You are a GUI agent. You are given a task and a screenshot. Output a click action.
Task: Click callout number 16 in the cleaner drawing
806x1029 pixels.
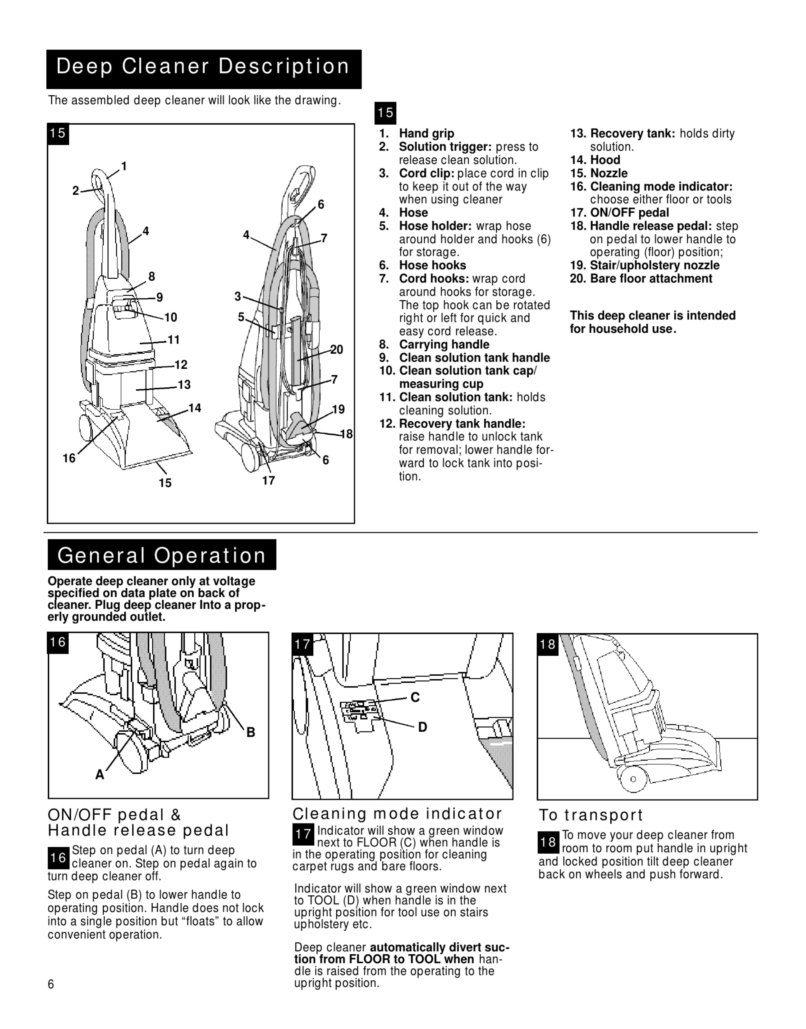click(69, 458)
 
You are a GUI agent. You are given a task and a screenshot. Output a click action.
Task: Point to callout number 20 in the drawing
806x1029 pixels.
click(336, 350)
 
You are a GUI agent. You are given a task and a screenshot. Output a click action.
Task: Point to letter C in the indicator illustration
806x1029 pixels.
click(415, 698)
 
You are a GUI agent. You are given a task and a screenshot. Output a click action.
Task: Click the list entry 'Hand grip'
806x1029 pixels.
click(426, 133)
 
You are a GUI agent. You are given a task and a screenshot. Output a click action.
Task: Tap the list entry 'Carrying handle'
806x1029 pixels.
click(444, 345)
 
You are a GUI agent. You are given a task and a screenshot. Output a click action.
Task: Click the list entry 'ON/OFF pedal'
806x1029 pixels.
click(629, 213)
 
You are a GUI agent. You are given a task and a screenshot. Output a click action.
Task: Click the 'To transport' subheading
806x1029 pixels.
click(591, 815)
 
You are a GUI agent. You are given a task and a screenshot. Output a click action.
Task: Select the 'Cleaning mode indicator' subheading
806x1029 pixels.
click(397, 814)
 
